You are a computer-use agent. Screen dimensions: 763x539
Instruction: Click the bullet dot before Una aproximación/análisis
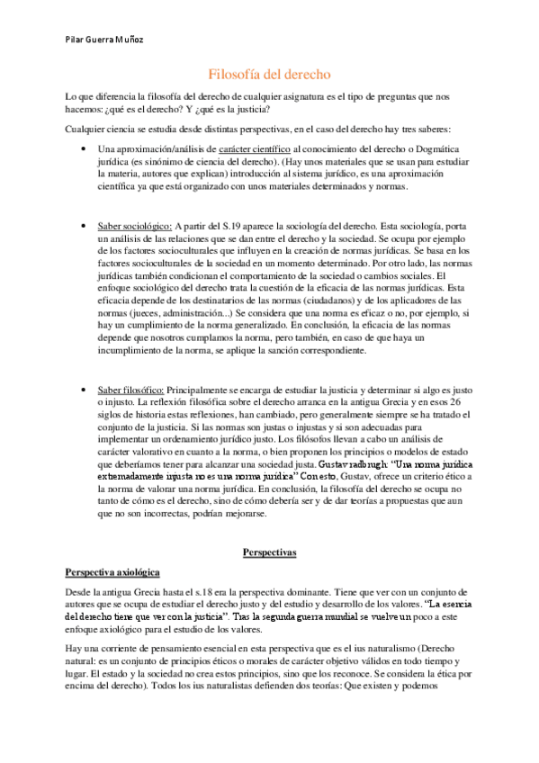coord(83,148)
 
